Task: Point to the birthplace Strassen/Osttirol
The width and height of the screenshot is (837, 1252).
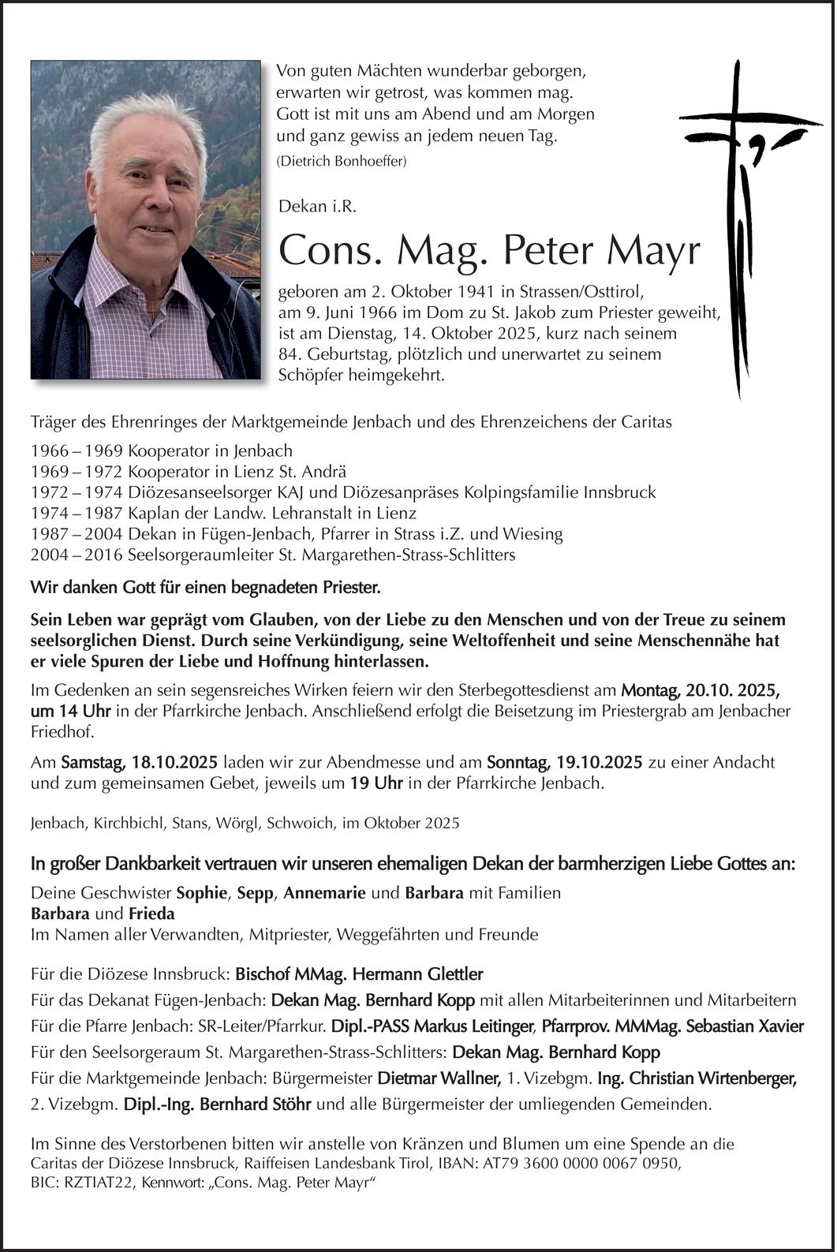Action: [580, 292]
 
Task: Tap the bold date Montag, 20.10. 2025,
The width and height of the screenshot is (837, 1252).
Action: [701, 690]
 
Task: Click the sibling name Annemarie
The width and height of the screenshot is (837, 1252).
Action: [324, 893]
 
